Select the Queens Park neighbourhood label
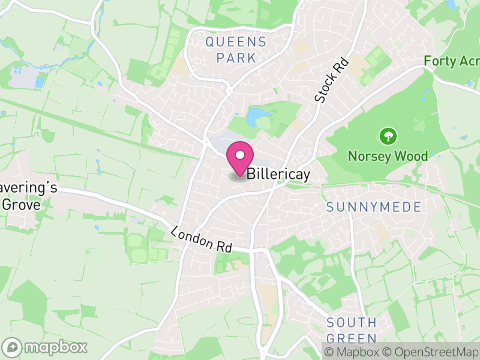235,50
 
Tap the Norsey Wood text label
388,157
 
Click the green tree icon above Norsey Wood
388,136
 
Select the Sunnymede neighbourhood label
374,207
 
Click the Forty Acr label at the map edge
451,61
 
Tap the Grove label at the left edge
21,204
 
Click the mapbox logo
45,347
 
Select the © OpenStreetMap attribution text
430,352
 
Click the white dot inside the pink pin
240,155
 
